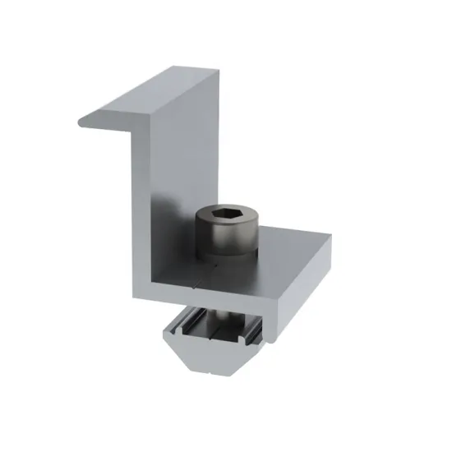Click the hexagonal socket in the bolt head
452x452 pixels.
[x=225, y=215]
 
